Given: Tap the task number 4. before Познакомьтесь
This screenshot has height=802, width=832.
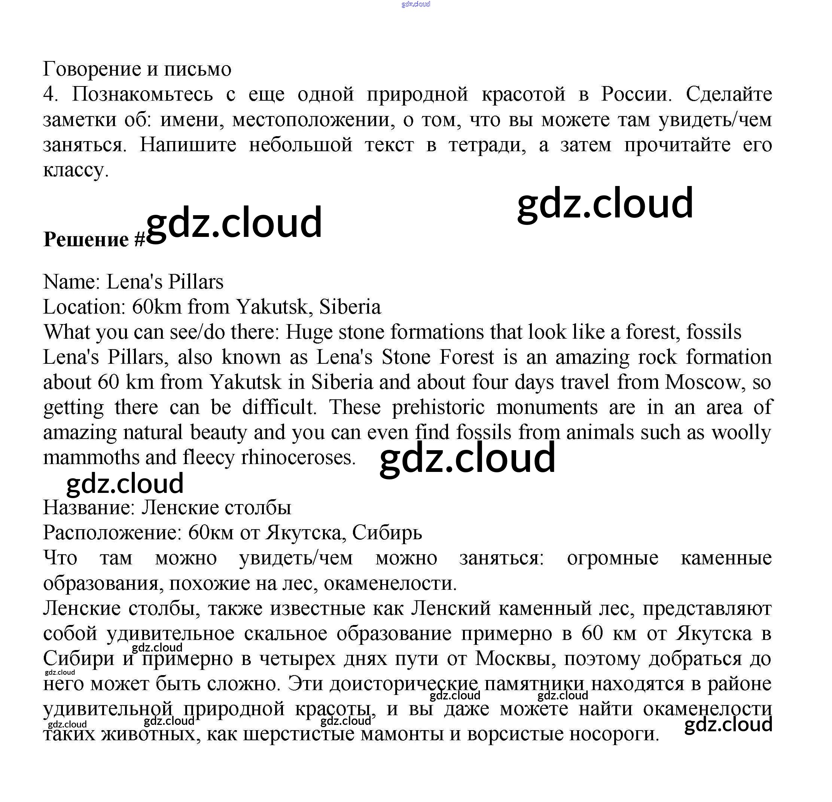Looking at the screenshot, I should [x=50, y=94].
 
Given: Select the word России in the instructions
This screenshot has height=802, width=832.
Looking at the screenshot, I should [x=636, y=94].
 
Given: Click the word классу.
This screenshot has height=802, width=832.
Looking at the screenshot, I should [x=76, y=170].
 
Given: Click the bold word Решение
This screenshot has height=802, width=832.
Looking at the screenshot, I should [x=86, y=240].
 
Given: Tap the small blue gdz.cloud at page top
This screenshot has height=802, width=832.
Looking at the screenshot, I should [x=415, y=4].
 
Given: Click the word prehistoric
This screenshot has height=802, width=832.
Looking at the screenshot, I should [x=438, y=408].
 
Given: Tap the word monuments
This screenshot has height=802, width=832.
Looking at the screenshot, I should [x=547, y=408].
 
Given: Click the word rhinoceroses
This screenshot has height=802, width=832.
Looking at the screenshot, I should [x=298, y=458].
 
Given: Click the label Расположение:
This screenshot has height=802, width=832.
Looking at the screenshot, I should [x=112, y=533].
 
